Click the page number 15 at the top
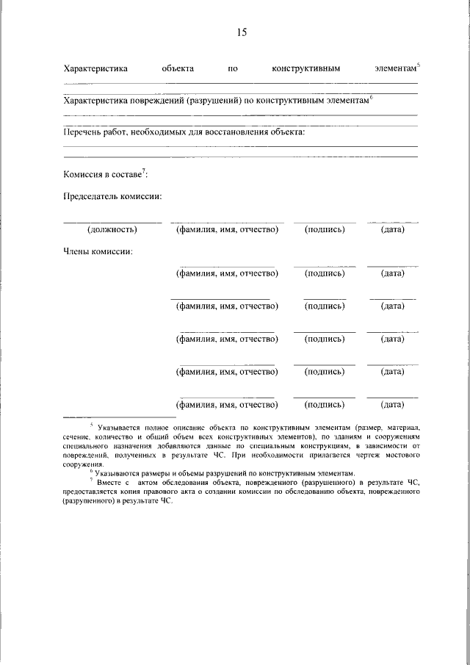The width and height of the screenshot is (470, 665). tap(242, 32)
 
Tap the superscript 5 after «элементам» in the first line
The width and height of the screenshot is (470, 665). tap(419, 65)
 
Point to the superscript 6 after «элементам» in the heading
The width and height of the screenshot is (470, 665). tap(372, 97)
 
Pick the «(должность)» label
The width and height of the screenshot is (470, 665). tap(112, 230)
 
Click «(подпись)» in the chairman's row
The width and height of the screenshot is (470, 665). tap(324, 230)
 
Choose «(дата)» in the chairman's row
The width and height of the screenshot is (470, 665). tap(392, 230)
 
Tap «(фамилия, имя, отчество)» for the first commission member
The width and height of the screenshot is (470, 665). tap(226, 273)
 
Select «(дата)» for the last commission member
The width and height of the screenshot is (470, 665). tap(392, 404)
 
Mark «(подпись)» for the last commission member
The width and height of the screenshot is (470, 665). tap(324, 404)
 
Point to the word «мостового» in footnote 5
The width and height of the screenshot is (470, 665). tap(400, 456)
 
